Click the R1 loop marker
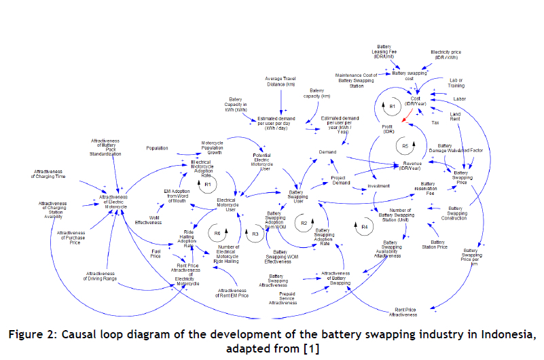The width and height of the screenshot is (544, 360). [208, 184]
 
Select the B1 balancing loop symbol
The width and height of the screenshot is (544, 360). [391, 107]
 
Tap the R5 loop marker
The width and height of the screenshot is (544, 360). [405, 146]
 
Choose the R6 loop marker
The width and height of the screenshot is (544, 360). [215, 232]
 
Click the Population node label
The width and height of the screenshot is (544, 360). [157, 147]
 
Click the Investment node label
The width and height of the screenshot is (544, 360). [378, 185]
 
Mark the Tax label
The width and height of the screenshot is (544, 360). [436, 122]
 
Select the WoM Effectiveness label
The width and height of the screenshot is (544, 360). [147, 218]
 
